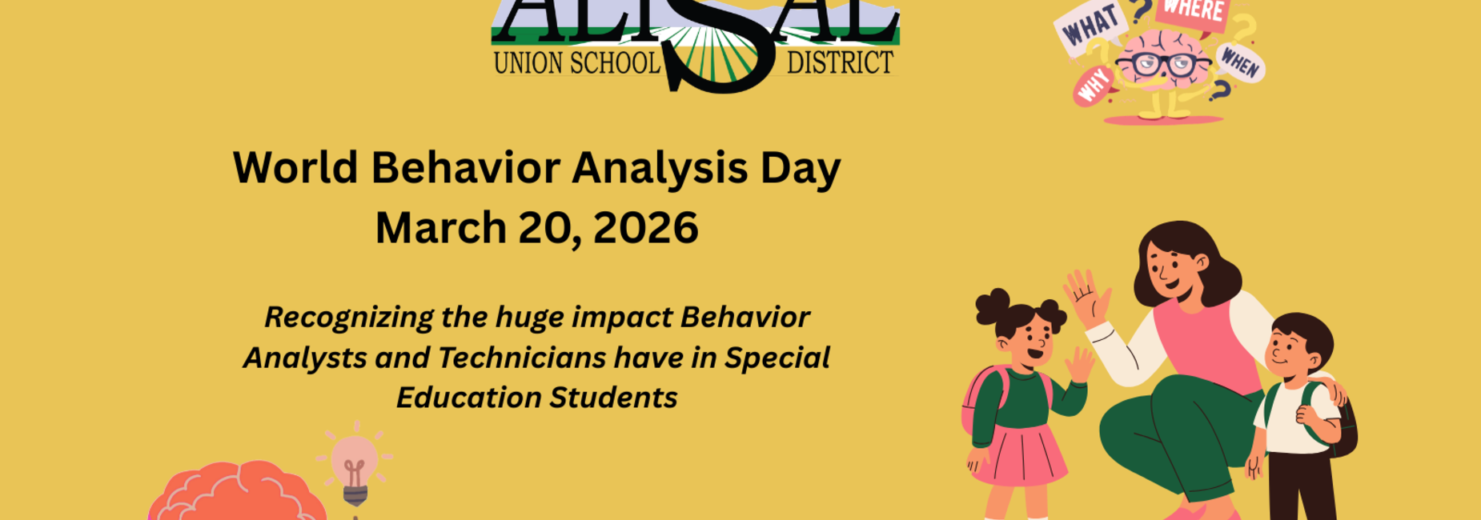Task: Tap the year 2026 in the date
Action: click(x=645, y=228)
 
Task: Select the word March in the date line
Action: click(x=441, y=228)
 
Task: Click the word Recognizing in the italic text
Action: click(x=349, y=317)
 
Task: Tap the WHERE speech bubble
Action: click(x=1193, y=12)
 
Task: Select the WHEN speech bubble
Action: click(x=1240, y=62)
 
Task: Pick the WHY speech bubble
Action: click(x=1094, y=85)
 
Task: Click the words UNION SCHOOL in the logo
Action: click(x=576, y=62)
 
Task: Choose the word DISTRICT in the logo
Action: click(x=840, y=62)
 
